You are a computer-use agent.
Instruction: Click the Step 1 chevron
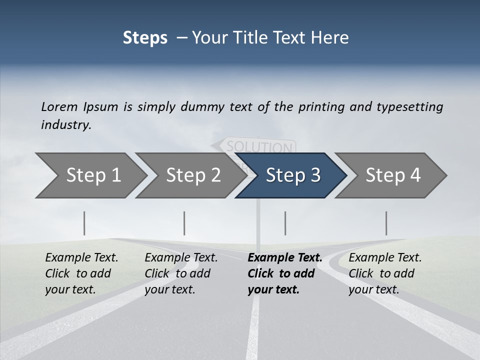[90, 175]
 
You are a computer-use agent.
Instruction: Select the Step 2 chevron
[190, 175]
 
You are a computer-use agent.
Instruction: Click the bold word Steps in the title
[145, 37]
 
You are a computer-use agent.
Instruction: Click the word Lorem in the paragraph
[59, 106]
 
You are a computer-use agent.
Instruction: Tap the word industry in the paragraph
[66, 125]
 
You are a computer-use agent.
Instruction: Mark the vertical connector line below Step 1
[84, 223]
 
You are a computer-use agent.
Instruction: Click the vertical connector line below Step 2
[184, 223]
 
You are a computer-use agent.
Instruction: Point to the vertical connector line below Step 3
[285, 223]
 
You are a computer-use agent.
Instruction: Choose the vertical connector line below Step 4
[386, 223]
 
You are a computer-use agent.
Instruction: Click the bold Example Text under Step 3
[285, 258]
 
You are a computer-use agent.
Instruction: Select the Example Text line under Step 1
[81, 258]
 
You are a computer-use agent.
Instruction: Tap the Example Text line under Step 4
[385, 258]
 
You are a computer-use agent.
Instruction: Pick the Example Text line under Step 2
[181, 258]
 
